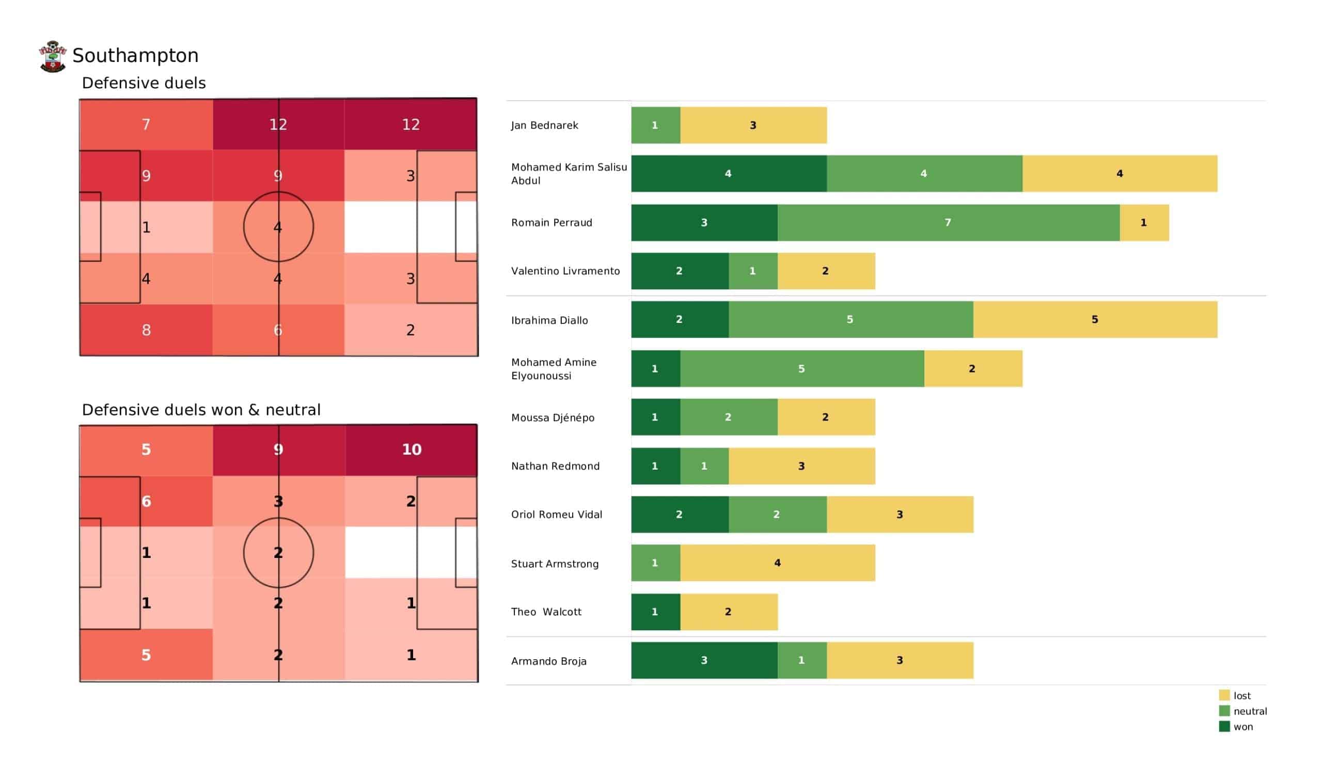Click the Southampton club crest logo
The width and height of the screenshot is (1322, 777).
[53, 56]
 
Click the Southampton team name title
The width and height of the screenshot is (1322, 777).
[135, 56]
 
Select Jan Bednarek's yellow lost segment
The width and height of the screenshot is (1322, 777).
[753, 126]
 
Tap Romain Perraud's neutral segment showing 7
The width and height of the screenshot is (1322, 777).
[948, 223]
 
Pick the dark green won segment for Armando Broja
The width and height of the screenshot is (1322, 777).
[704, 660]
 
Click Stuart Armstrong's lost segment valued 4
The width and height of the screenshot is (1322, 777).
[778, 563]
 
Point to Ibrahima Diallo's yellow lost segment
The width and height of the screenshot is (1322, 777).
[1095, 320]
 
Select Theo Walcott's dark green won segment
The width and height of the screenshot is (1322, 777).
[655, 612]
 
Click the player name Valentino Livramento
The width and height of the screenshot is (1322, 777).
[565, 271]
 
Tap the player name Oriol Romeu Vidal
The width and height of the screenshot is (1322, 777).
[557, 515]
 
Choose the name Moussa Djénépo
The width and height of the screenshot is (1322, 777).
[553, 418]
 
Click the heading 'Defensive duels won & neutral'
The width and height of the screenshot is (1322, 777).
[201, 410]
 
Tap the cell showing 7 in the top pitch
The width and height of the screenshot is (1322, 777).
[146, 125]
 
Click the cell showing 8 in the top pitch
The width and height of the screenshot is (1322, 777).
[146, 330]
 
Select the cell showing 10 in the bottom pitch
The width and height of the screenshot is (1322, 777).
[411, 450]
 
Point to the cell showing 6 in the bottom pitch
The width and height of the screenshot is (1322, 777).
[146, 501]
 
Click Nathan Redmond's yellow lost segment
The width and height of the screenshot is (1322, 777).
[801, 466]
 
